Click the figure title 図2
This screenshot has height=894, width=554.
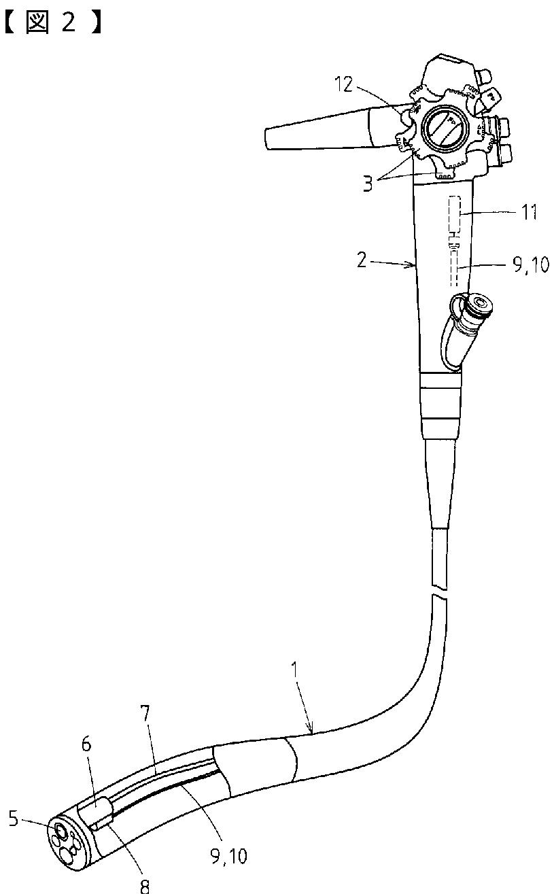click(x=53, y=22)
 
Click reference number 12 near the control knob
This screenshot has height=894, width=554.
click(x=343, y=84)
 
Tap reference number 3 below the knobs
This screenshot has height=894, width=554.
click(x=368, y=184)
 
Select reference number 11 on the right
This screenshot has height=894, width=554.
click(x=530, y=212)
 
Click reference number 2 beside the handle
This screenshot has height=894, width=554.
click(x=361, y=260)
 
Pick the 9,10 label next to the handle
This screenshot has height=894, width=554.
click(x=530, y=264)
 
